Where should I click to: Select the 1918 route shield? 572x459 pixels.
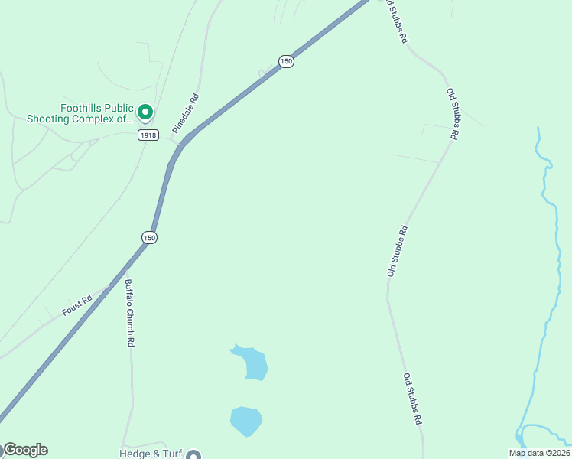click(x=148, y=135)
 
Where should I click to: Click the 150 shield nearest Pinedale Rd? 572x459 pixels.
click(x=285, y=61)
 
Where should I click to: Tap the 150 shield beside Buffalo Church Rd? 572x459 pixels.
click(x=149, y=238)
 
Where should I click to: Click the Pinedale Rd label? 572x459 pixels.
click(x=186, y=113)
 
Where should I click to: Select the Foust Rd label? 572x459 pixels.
click(x=76, y=306)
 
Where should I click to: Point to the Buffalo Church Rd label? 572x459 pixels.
click(x=130, y=314)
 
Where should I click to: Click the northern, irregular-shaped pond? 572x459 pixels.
click(x=253, y=363)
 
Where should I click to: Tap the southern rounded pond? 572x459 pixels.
click(x=245, y=420)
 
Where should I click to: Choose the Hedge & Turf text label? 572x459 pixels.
click(x=151, y=453)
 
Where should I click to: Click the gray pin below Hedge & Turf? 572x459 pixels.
click(x=193, y=455)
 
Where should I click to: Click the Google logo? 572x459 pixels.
click(x=25, y=450)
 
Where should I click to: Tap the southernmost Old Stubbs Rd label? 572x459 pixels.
click(x=413, y=399)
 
